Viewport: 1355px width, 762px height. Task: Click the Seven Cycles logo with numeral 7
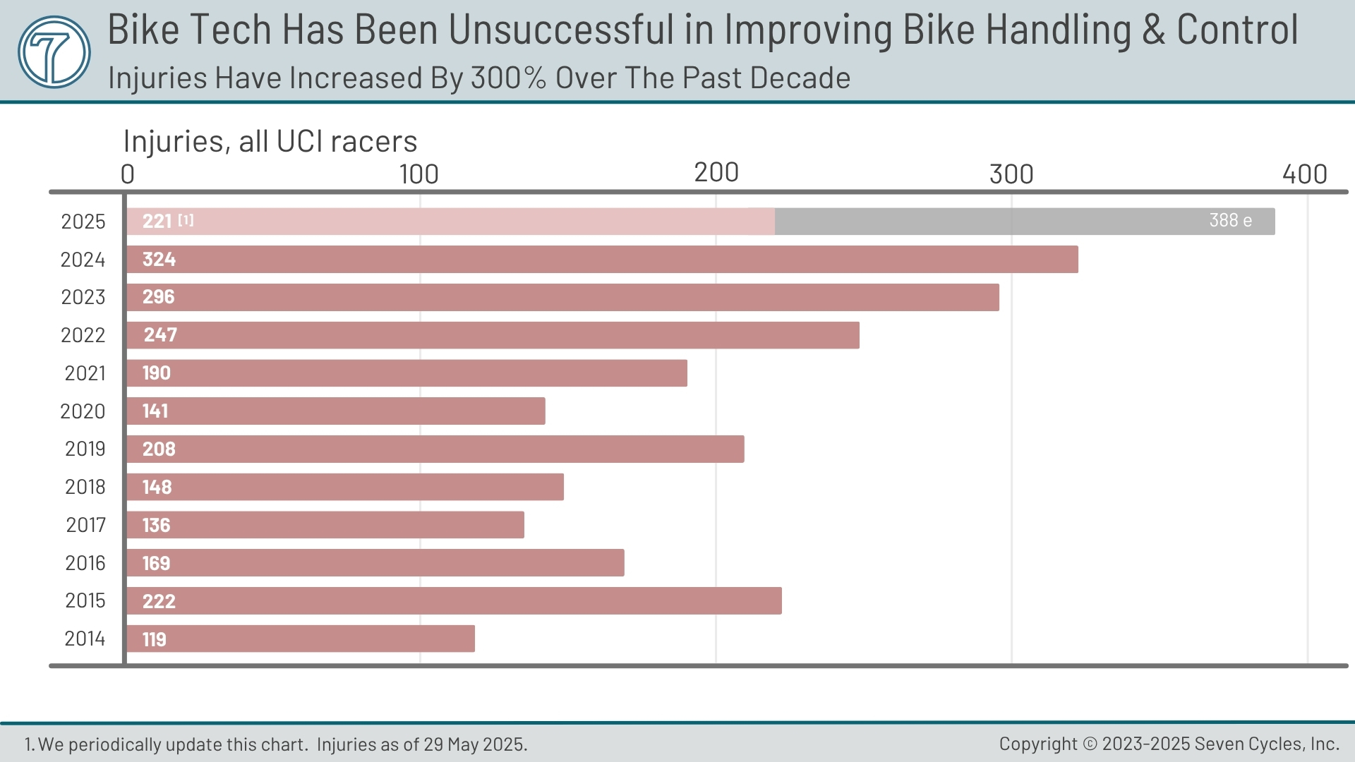[54, 52]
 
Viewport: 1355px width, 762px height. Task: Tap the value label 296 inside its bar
[158, 297]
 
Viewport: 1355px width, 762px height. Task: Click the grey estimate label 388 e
[1230, 221]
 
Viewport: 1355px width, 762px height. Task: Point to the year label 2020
[83, 411]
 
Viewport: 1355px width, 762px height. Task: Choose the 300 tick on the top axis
[1011, 174]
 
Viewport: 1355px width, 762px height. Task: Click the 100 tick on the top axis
[419, 174]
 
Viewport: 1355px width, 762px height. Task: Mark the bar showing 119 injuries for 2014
[301, 639]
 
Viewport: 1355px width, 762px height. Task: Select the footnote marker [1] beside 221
[186, 220]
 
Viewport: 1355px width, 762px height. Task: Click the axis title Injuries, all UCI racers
[270, 141]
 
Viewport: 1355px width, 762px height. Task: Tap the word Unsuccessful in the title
[561, 30]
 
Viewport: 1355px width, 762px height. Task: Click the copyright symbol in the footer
[1090, 744]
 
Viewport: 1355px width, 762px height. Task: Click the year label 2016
[85, 563]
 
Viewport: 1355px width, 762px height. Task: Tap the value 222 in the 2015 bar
[159, 602]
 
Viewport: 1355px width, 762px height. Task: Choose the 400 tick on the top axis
[1304, 174]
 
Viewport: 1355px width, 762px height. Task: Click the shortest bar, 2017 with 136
[325, 526]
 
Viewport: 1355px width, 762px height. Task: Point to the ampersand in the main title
[1153, 30]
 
